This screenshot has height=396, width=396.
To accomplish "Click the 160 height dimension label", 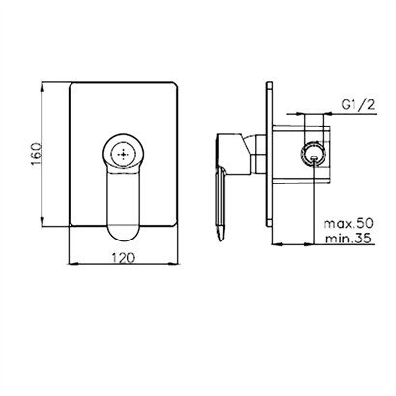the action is point(37,154).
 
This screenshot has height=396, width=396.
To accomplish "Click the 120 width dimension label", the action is point(124,258).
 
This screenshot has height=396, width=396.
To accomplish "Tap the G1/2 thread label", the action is point(358,105).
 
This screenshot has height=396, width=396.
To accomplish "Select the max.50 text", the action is point(348,223).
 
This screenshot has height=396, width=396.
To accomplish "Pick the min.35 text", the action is point(348,239).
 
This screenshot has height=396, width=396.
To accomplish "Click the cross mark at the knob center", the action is point(124,155).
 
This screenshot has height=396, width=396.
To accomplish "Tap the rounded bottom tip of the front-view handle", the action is point(124,240).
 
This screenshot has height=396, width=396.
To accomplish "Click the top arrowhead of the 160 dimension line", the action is point(42,87).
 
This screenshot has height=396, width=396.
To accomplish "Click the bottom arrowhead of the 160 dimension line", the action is point(42,221).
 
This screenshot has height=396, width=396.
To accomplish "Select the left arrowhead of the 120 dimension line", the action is point(74,265).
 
